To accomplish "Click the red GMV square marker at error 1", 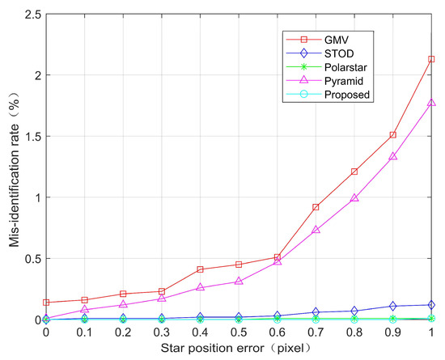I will click(x=432, y=59).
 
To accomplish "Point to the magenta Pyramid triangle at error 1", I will click(x=432, y=103).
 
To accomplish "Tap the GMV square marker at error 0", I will click(x=46, y=303).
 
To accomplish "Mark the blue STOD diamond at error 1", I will click(x=432, y=305).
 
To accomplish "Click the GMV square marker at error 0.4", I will click(x=201, y=269).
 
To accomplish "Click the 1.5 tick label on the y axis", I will click(x=30, y=136).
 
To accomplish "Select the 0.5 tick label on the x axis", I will click(x=239, y=332).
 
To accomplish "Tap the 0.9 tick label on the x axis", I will click(x=393, y=332).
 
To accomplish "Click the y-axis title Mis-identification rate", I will click(x=11, y=166).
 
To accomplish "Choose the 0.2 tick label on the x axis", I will click(x=123, y=332).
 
